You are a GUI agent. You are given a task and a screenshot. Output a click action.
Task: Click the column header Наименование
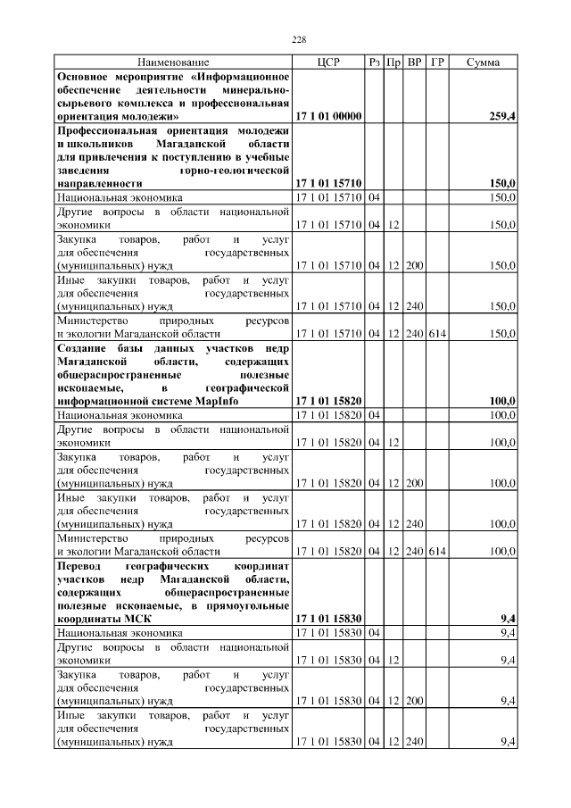pos(173,62)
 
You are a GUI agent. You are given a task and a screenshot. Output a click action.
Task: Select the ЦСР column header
pos(328,62)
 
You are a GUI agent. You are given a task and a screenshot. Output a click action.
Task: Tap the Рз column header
pos(375,62)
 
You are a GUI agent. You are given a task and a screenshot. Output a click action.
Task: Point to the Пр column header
pos(393,62)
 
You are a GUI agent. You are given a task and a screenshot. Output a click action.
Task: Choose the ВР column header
pos(415,62)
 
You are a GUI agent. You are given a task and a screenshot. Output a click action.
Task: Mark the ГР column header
pos(437,62)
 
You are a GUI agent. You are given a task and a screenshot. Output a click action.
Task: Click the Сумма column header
pos(483,62)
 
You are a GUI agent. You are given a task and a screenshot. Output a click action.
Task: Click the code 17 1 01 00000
pos(328,116)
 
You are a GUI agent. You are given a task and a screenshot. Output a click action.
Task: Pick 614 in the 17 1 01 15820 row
pos(437,551)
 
